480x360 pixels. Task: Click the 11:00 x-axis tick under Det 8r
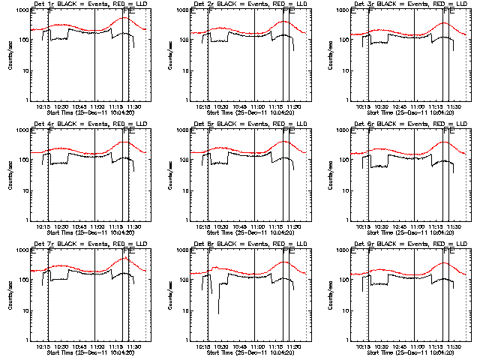[x=256, y=347]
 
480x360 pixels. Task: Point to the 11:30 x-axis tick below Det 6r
[x=454, y=227]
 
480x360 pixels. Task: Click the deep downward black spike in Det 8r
[x=219, y=313]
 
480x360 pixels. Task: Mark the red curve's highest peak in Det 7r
[x=126, y=258]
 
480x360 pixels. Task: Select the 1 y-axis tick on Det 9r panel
[x=345, y=340]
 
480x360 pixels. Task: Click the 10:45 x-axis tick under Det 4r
[x=78, y=227]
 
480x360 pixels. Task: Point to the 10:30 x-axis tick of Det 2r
[x=220, y=107]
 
